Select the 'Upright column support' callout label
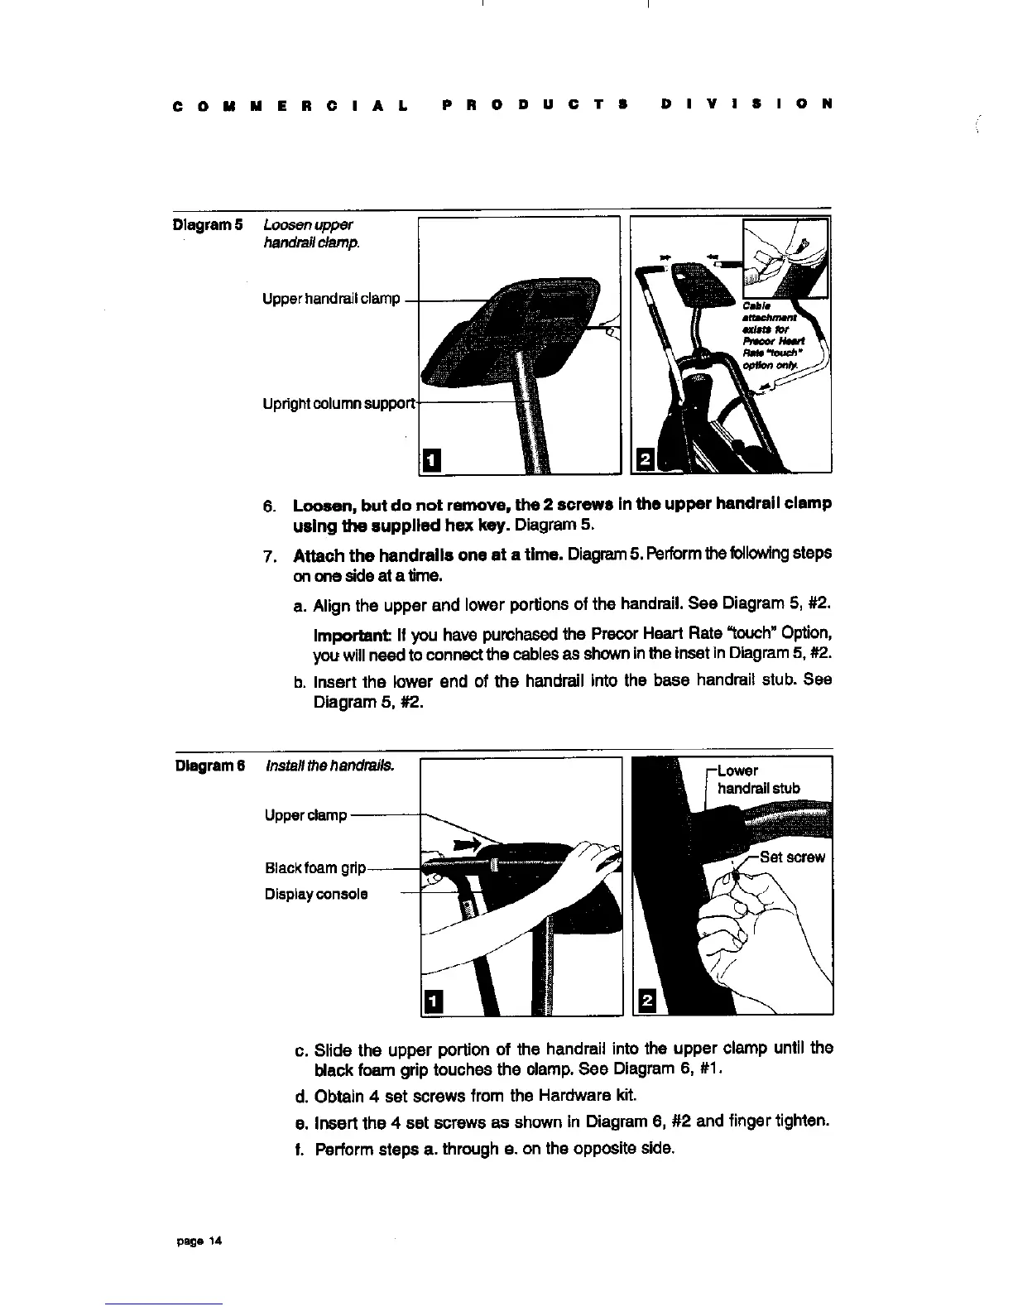[338, 404]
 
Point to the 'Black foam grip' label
[314, 867]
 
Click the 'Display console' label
[316, 894]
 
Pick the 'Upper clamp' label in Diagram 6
[305, 815]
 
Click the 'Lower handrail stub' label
[756, 780]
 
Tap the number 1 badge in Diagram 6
[431, 1001]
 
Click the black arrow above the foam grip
[466, 844]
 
